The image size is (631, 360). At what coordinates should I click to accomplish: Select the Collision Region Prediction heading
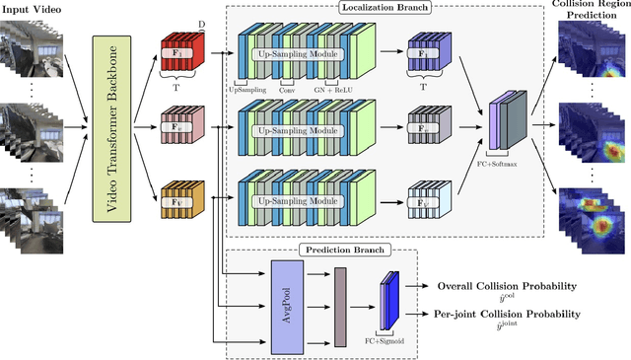[594, 10]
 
